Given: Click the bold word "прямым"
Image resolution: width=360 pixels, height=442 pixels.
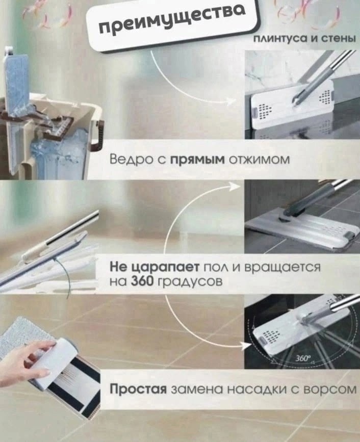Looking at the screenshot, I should click(x=197, y=161).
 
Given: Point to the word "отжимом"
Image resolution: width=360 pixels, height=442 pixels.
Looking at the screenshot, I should click(x=260, y=160).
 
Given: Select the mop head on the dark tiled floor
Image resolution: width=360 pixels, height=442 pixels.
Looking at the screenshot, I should click(x=301, y=229).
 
